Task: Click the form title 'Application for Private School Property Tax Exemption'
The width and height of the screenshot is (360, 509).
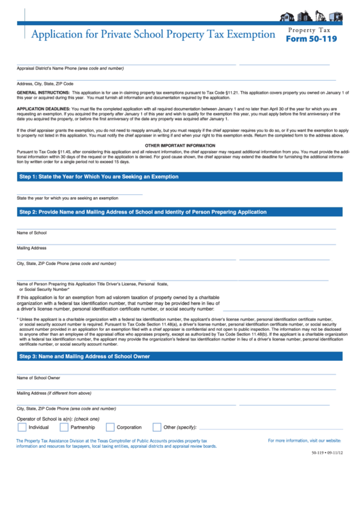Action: (x=147, y=34)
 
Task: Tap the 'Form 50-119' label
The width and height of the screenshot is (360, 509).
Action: (x=311, y=39)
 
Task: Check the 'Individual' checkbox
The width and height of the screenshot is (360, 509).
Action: (x=21, y=427)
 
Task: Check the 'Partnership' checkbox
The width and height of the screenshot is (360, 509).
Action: (x=64, y=427)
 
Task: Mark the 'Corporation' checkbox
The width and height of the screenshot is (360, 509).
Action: (x=110, y=427)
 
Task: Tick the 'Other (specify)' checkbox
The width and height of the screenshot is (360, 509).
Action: (x=158, y=427)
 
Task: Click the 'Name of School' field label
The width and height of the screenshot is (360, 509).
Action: (x=32, y=232)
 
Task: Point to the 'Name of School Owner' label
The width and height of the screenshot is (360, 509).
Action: (x=39, y=378)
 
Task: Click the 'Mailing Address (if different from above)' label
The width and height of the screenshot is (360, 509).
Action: (x=54, y=393)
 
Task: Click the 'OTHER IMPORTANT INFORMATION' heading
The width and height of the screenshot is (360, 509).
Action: (x=180, y=145)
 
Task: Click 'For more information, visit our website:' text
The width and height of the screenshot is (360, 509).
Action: (x=304, y=441)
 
